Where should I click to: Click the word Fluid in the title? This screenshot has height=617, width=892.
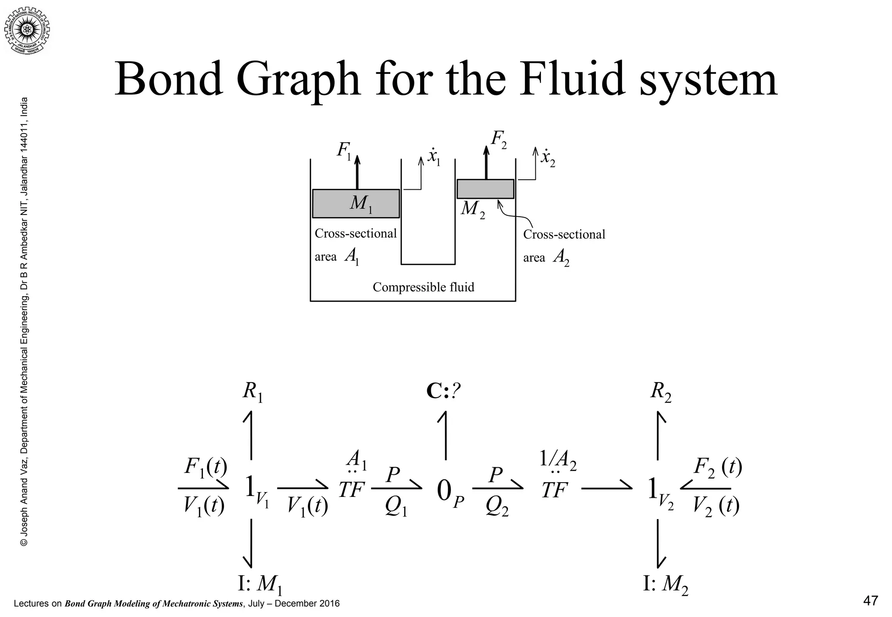[x=571, y=80]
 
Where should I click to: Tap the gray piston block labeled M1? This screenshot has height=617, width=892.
[x=356, y=203]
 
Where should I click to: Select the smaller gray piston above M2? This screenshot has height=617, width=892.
[x=485, y=189]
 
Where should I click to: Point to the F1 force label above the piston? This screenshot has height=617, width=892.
[x=344, y=151]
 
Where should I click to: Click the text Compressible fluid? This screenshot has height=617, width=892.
[x=423, y=287]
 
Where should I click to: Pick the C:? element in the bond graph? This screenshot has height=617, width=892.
[x=443, y=391]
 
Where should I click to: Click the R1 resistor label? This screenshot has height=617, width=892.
[x=252, y=391]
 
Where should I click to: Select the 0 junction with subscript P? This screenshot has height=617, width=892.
[x=449, y=492]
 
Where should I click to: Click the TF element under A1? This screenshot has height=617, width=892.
[x=351, y=490]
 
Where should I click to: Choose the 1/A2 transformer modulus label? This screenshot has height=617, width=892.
[x=558, y=460]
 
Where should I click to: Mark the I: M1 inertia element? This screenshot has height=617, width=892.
[x=260, y=583]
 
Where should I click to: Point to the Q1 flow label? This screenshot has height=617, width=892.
[x=396, y=507]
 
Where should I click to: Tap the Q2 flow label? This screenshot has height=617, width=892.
[x=497, y=507]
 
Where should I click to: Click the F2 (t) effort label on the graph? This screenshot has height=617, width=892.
[x=717, y=468]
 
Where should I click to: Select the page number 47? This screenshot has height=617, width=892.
[x=870, y=601]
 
